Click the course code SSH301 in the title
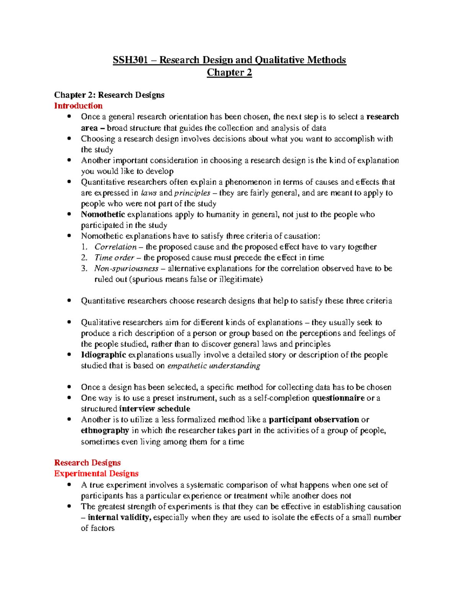[x=130, y=60]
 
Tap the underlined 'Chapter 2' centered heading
[x=229, y=72]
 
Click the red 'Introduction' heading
[x=78, y=106]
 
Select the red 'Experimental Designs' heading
[x=96, y=474]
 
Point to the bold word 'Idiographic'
[x=103, y=355]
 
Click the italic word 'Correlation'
[x=116, y=247]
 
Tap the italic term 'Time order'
[x=114, y=257]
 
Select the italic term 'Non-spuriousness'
[x=126, y=269]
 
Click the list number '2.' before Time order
[x=84, y=257]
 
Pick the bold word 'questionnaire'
[x=338, y=398]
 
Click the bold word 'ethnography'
[x=105, y=430]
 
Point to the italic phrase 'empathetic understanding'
[x=214, y=366]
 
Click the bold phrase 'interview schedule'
[x=155, y=408]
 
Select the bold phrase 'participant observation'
[x=314, y=420]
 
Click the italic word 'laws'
[x=149, y=193]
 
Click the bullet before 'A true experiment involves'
[x=69, y=485]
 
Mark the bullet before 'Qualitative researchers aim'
[x=69, y=322]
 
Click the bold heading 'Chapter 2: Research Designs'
[x=109, y=95]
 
